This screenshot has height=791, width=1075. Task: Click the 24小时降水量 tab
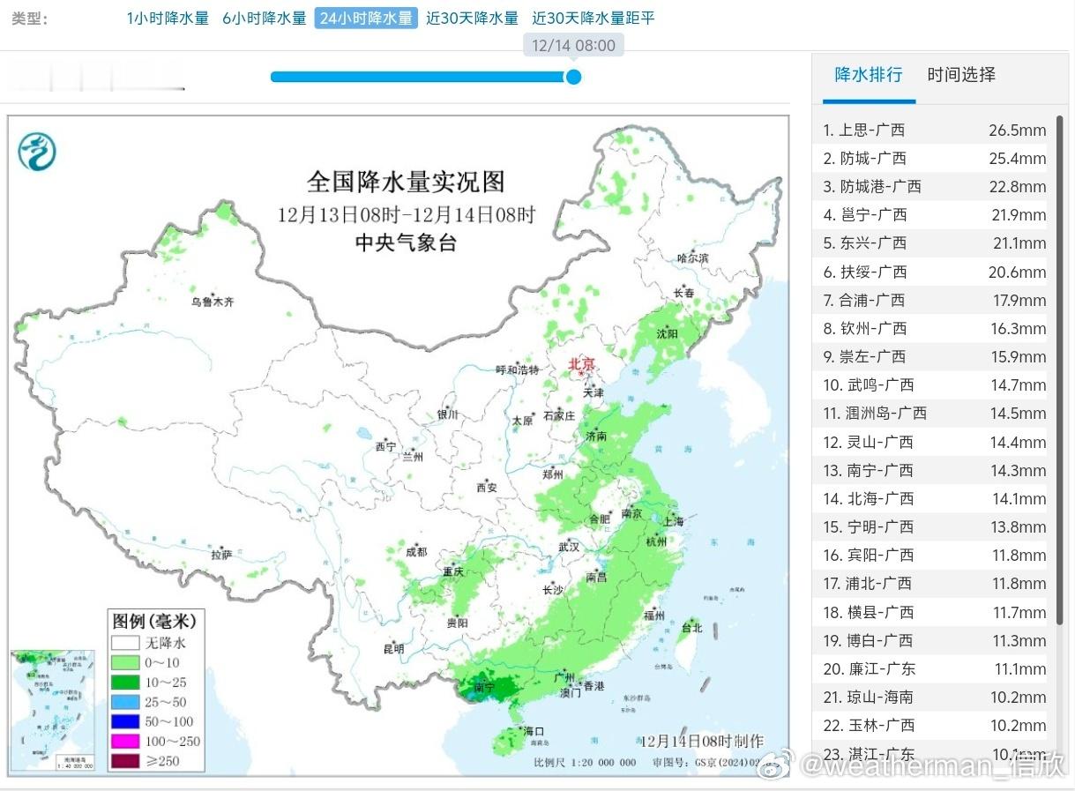(365, 18)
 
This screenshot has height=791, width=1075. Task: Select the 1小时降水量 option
(168, 18)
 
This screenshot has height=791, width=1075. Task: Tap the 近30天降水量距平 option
(593, 18)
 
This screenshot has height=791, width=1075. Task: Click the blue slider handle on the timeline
(573, 77)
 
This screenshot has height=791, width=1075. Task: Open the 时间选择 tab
(960, 75)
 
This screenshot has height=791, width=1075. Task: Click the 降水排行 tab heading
(869, 75)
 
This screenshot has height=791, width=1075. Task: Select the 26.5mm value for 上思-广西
(1017, 131)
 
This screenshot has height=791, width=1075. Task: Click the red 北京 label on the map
(581, 363)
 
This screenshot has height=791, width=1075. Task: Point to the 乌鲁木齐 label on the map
(213, 302)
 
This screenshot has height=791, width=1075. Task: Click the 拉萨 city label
(221, 555)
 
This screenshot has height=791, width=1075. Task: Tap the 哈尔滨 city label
(691, 257)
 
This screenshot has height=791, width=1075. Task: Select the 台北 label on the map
(691, 628)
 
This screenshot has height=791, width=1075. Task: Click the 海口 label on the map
(534, 731)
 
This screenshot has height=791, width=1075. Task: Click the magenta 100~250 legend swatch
(125, 741)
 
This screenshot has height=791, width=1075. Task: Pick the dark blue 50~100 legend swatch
(125, 721)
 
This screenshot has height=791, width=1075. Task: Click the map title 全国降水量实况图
(406, 182)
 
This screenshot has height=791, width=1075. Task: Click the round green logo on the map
(37, 151)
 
